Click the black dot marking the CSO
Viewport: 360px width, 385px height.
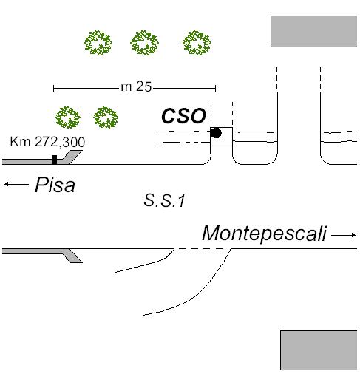point(216,133)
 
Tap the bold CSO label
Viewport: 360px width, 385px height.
point(183,116)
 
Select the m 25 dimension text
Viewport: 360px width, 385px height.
point(136,86)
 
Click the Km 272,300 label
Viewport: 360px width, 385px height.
point(47,142)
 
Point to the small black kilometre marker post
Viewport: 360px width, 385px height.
point(54,160)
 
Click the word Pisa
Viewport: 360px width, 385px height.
point(55,185)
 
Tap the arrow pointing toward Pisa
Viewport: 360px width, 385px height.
point(16,184)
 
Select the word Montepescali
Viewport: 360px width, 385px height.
point(265,234)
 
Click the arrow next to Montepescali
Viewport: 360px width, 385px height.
point(344,235)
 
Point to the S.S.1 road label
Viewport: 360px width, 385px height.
point(164,200)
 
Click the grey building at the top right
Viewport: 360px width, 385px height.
point(313,31)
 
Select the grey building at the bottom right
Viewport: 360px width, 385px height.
point(319,350)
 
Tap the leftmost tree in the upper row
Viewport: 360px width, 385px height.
point(98,43)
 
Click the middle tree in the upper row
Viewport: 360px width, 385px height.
point(144,43)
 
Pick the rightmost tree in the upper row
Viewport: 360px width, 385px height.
point(197,43)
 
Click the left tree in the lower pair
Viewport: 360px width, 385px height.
point(68,117)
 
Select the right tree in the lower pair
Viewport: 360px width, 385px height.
point(106,117)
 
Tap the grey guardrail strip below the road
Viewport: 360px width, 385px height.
point(42,253)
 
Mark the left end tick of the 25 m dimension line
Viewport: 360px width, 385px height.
point(53,88)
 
